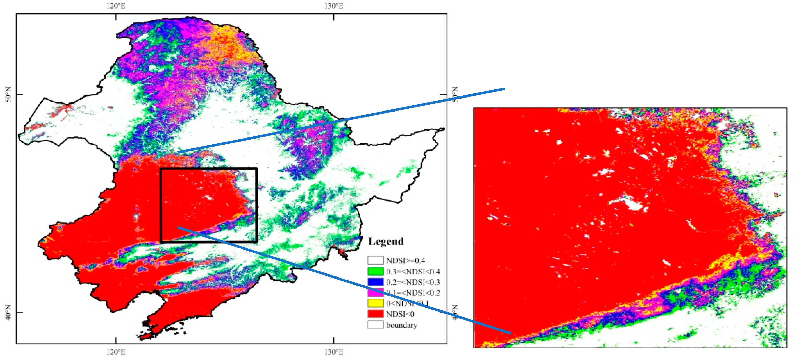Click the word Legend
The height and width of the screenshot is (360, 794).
[x=386, y=241]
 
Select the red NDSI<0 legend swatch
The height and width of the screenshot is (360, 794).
[x=375, y=314]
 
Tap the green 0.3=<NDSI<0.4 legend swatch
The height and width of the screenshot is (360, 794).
[x=375, y=271]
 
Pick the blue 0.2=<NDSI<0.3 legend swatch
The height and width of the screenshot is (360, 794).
[x=375, y=282]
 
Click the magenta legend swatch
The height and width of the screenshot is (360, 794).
[x=375, y=293]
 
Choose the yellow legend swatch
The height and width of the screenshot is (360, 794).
[x=375, y=303]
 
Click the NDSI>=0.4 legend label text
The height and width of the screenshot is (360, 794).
[x=405, y=261]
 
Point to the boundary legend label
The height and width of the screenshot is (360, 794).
[x=402, y=325]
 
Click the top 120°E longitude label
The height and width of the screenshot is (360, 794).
[x=116, y=6]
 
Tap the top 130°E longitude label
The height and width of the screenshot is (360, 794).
[x=333, y=6]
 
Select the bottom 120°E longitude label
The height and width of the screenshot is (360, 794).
[x=116, y=352]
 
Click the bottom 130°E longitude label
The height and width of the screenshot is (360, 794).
[x=333, y=352]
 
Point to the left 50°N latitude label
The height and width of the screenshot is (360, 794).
[x=8, y=94]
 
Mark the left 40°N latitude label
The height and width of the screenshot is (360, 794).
[x=8, y=312]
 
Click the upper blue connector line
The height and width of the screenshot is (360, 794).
[x=339, y=121]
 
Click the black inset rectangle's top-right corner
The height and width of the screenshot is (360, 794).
[x=256, y=169]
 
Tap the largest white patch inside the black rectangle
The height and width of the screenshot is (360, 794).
[x=209, y=198]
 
